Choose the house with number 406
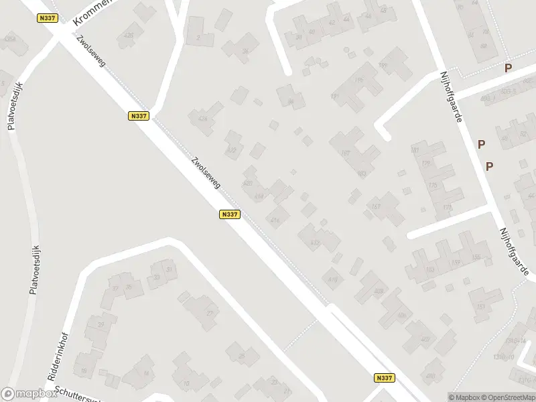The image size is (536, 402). [401, 315]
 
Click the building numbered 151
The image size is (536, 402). [481, 306]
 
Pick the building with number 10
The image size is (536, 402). [186, 383]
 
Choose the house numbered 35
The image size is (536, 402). [129, 287]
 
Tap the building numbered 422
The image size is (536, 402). [232, 150]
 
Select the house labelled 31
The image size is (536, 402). [170, 269]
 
